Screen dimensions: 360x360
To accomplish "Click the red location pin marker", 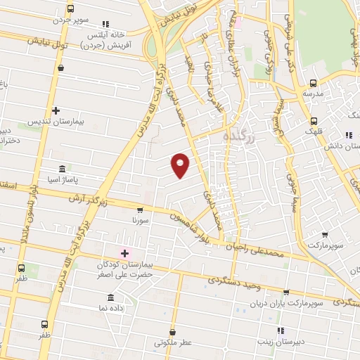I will pyautogui.click(x=181, y=165).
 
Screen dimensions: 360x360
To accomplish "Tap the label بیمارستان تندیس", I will pyautogui.click(x=56, y=122).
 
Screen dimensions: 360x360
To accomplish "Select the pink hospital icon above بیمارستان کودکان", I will pyautogui.click(x=125, y=253).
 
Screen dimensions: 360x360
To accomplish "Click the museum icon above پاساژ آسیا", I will pyautogui.click(x=62, y=169).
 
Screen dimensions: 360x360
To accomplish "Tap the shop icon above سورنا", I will pyautogui.click(x=139, y=210).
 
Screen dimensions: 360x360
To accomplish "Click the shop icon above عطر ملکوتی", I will pyautogui.click(x=174, y=332).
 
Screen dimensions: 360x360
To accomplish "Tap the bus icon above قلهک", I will pyautogui.click(x=314, y=120).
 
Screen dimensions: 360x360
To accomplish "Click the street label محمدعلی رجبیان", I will pyautogui.click(x=257, y=249).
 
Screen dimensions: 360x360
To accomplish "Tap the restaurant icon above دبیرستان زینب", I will pyautogui.click(x=280, y=330).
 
